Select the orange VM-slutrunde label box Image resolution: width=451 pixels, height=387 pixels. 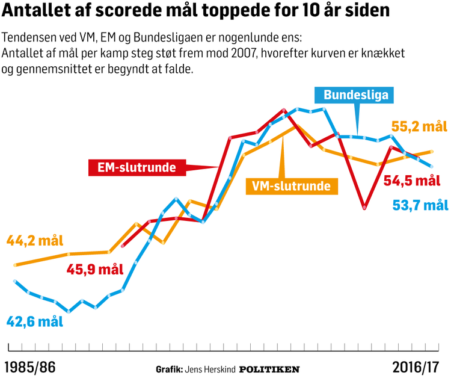coord(291,186)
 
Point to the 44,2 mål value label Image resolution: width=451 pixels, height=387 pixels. coord(34,241)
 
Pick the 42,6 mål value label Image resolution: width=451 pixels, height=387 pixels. coord(34,320)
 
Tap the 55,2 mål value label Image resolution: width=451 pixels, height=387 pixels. coord(420,127)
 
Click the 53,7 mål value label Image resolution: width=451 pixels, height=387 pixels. coord(420,205)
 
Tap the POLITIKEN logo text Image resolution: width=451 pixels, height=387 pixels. coord(269,369)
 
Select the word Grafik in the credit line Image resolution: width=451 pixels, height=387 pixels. coord(169,369)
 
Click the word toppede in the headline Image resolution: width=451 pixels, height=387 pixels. coord(213,12)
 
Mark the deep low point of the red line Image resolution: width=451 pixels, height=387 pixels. coord(364,208)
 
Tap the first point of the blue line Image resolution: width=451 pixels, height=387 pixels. coord(14,281)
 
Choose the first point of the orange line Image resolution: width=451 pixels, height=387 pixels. coord(14,265)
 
